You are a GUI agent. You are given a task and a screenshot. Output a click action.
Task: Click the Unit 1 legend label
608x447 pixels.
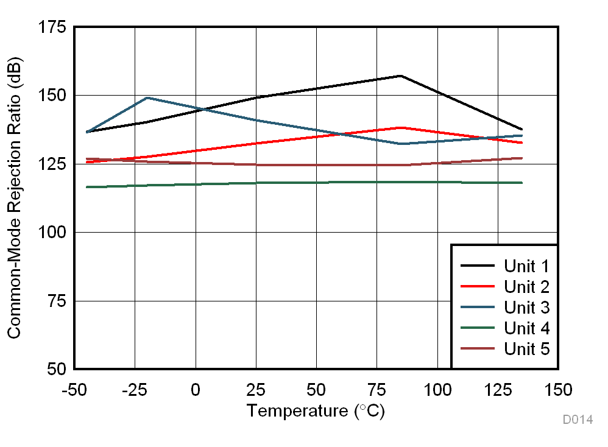tap(526, 266)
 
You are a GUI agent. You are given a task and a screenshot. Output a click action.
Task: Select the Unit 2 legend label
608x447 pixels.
tap(526, 287)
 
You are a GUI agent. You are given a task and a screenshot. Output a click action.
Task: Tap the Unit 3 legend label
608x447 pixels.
tap(526, 308)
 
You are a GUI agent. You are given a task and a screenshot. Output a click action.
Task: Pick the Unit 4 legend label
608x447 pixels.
tap(526, 328)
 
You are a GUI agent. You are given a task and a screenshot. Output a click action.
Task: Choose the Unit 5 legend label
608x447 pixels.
tap(526, 349)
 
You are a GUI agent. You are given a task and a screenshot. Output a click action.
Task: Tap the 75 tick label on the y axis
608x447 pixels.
tap(57, 301)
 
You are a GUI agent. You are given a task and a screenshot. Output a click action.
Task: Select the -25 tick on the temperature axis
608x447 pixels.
tap(135, 389)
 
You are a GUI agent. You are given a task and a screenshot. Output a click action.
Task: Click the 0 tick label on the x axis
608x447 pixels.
tap(196, 389)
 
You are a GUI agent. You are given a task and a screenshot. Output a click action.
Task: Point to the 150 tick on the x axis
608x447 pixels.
tap(558, 389)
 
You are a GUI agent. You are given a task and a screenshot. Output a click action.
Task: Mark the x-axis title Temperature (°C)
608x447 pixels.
tap(316, 411)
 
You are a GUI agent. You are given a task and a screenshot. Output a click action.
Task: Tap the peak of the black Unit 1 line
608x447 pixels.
tap(400, 76)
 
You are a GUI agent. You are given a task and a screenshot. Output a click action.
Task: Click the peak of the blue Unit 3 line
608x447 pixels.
tap(147, 97)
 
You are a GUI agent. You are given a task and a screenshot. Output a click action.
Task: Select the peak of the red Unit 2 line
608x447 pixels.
tap(400, 127)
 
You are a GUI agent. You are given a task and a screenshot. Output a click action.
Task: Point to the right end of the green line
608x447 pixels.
tap(522, 183)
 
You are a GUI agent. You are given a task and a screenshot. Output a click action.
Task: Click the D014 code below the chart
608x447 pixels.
tap(577, 420)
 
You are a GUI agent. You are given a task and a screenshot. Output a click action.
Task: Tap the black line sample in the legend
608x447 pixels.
tap(477, 266)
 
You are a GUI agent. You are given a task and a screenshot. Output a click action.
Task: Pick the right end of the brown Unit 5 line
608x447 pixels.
tap(522, 158)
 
